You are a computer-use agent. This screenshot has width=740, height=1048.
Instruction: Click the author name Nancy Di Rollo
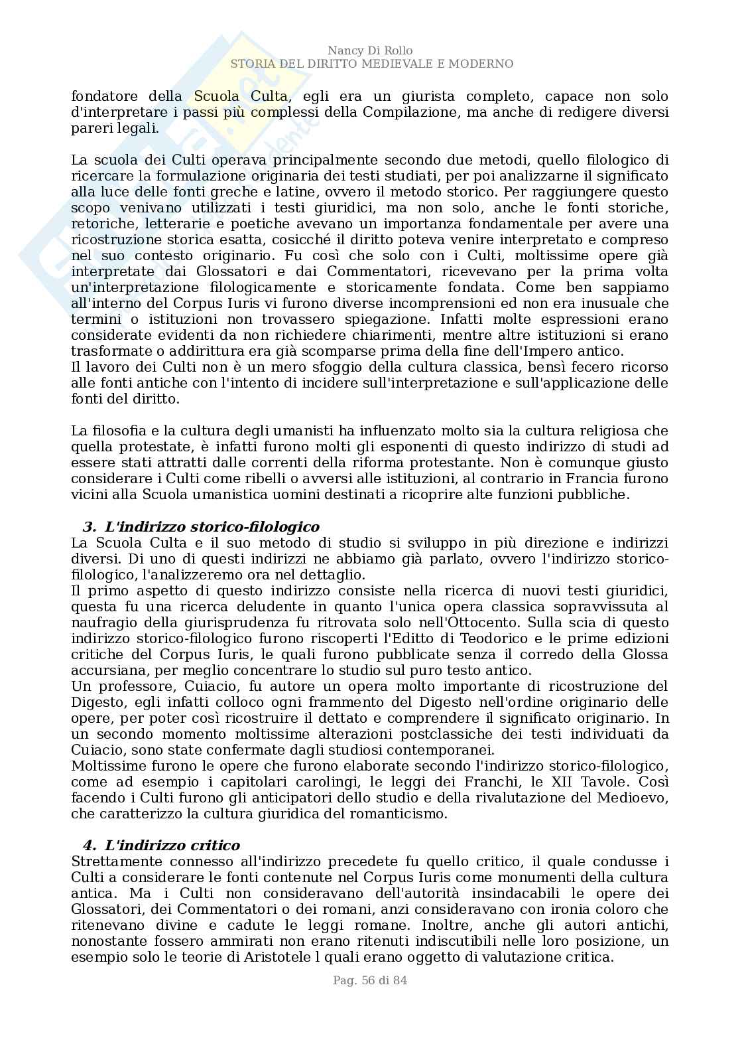click(x=370, y=51)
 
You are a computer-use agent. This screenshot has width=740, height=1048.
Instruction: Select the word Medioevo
click(x=632, y=798)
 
